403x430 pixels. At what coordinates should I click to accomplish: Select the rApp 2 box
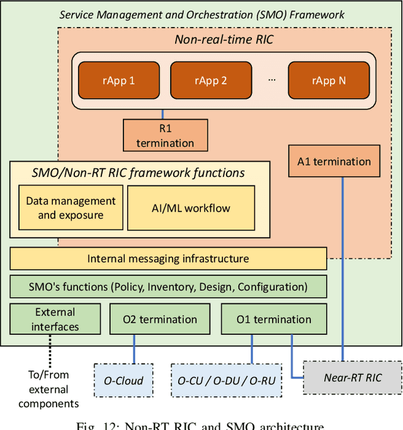click(211, 81)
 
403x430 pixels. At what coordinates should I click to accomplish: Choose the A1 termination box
click(334, 161)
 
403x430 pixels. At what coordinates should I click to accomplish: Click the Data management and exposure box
click(71, 208)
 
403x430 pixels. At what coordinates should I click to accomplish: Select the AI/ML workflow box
click(191, 208)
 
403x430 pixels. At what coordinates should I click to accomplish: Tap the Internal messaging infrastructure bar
click(168, 259)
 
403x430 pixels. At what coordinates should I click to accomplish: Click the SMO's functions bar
click(168, 286)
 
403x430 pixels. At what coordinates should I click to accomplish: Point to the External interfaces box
click(55, 319)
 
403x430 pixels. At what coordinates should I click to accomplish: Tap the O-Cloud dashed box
click(123, 380)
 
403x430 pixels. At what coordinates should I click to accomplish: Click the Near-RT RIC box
click(352, 378)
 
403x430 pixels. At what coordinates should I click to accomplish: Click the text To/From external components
click(48, 389)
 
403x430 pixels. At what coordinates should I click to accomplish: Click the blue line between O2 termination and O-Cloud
click(134, 349)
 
